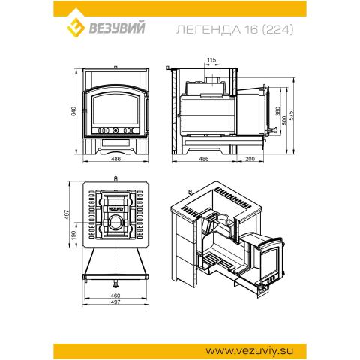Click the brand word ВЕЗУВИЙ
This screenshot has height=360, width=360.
tap(117, 28)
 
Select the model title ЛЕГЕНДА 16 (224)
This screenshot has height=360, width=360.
tap(235, 30)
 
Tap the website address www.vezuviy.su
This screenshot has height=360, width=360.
tap(249, 351)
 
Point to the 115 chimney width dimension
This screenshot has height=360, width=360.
tap(211, 60)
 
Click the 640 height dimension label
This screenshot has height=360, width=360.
tap(73, 111)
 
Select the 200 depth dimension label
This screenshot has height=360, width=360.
tap(250, 159)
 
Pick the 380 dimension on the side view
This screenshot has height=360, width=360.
tap(278, 111)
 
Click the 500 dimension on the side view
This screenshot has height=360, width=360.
tap(284, 121)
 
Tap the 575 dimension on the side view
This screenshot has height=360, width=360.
tap(291, 115)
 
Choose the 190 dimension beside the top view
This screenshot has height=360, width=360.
tap(73, 235)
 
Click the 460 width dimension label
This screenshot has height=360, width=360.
tap(115, 295)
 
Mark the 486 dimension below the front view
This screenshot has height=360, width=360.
tap(115, 159)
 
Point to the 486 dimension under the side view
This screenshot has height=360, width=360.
tap(204, 159)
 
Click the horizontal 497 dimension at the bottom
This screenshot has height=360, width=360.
tap(115, 301)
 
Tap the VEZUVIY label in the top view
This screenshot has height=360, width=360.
tap(115, 208)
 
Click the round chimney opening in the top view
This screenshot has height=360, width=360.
tap(115, 222)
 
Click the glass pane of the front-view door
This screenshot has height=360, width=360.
tap(115, 109)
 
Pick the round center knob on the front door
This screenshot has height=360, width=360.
tap(115, 130)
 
